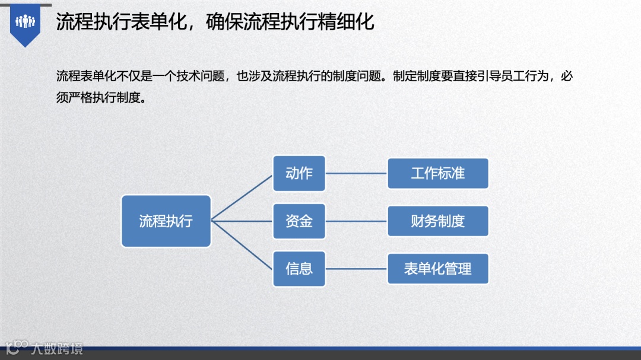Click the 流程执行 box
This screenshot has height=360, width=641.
[166, 221]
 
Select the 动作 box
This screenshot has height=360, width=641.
[299, 173]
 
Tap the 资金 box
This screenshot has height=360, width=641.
[299, 221]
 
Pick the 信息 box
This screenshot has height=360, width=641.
[299, 269]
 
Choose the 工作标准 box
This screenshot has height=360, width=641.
[438, 173]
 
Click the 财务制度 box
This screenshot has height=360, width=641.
[438, 221]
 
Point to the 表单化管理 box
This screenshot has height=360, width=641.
[438, 269]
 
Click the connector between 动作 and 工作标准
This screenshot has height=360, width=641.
[356, 174]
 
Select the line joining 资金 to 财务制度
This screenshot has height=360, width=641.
[356, 221]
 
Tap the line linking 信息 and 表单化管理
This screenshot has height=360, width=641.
[356, 269]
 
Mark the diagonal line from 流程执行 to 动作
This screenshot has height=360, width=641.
[242, 197]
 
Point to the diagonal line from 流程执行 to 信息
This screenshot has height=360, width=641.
[242, 245]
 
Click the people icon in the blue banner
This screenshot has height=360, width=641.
[25, 22]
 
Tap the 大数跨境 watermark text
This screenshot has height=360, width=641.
[58, 348]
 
